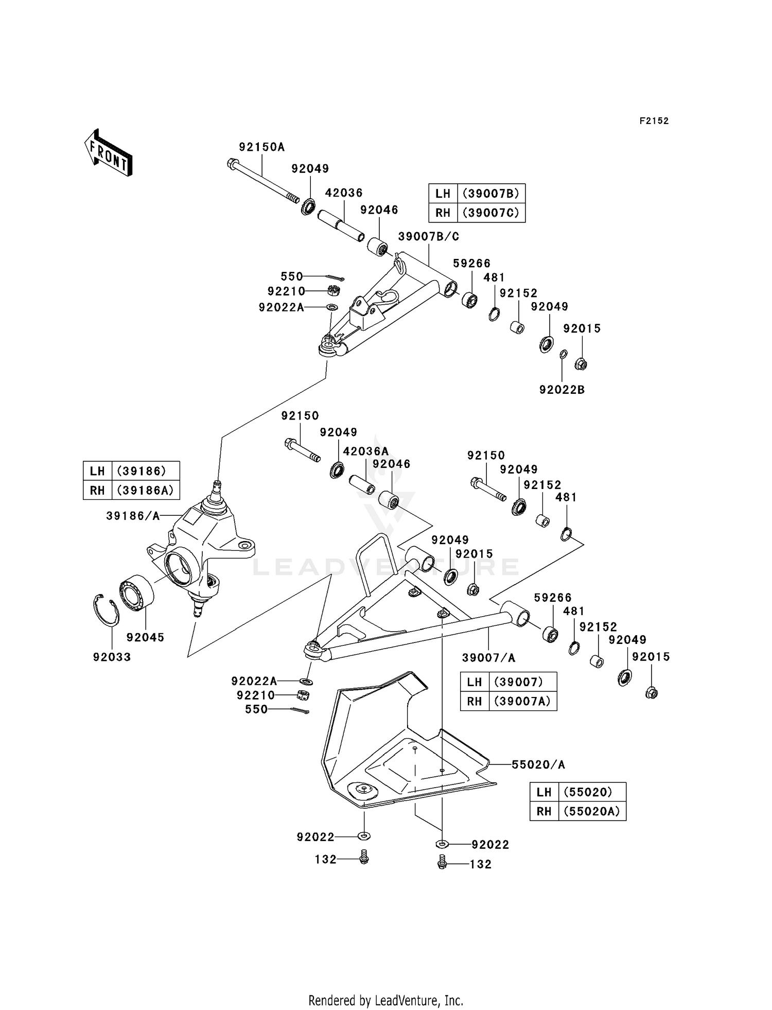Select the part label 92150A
click(x=261, y=147)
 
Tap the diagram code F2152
click(x=654, y=121)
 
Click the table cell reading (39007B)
click(x=491, y=194)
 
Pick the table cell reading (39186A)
click(x=146, y=490)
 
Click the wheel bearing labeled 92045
click(x=137, y=593)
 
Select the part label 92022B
click(x=562, y=390)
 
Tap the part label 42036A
click(x=366, y=451)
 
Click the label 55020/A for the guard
click(x=538, y=765)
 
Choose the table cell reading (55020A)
click(x=592, y=811)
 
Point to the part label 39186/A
click(x=133, y=516)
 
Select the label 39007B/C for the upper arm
click(x=428, y=237)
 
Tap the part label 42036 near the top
click(x=344, y=193)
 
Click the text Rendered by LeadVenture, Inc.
click(x=385, y=1001)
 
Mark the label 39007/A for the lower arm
click(x=488, y=657)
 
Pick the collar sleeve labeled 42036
click(x=341, y=225)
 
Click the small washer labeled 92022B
click(x=564, y=354)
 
